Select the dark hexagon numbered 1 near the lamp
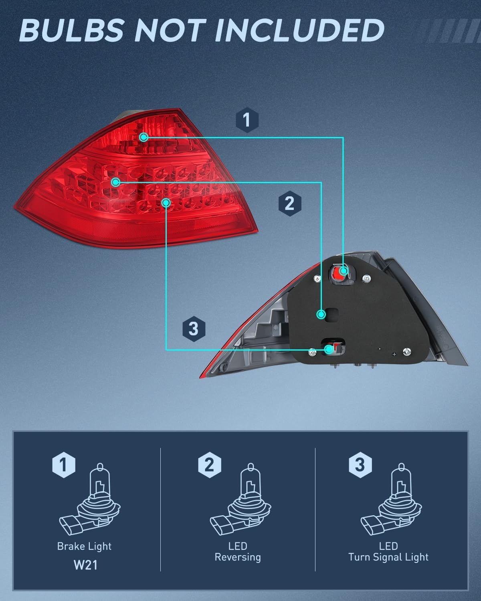coord(247,120)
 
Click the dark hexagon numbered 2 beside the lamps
coord(290,203)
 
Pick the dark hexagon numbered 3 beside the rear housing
coord(194,329)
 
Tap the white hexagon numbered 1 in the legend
coord(64,465)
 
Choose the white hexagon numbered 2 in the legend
coord(210,465)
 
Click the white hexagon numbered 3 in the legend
coord(360,465)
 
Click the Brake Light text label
coord(85,547)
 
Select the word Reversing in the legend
coord(238,557)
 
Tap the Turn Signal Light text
coord(388,557)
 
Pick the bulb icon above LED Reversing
coord(240,500)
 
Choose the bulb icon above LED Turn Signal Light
coord(391,500)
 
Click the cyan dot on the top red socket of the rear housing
coord(344,270)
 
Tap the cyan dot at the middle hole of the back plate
coord(321,315)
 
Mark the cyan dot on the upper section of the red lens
coord(143,137)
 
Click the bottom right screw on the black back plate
coord(407,352)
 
